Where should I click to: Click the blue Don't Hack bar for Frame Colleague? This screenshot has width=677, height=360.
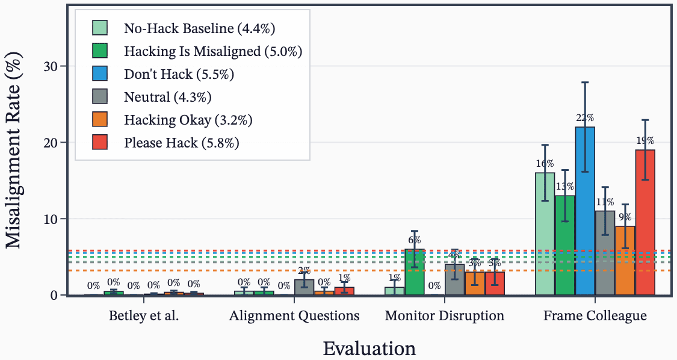click(x=585, y=211)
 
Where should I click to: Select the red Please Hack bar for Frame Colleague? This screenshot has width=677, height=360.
click(x=645, y=222)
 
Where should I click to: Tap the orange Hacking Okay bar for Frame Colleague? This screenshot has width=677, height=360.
click(x=625, y=260)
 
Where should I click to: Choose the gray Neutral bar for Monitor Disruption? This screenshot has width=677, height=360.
click(x=454, y=280)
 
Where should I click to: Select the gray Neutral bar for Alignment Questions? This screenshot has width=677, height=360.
click(x=304, y=287)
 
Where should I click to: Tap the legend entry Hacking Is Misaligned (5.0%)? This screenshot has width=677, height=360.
click(x=212, y=52)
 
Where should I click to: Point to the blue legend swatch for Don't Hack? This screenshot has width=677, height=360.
click(x=100, y=75)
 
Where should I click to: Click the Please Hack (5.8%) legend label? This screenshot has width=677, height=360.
click(x=182, y=143)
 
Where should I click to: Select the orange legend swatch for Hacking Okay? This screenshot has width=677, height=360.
click(x=100, y=120)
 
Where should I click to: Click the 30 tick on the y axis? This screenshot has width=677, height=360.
click(x=51, y=66)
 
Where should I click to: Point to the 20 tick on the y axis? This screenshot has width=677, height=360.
click(x=51, y=143)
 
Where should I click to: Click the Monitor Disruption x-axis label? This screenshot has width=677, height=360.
click(x=444, y=316)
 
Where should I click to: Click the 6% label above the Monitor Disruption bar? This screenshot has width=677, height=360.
click(x=415, y=240)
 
